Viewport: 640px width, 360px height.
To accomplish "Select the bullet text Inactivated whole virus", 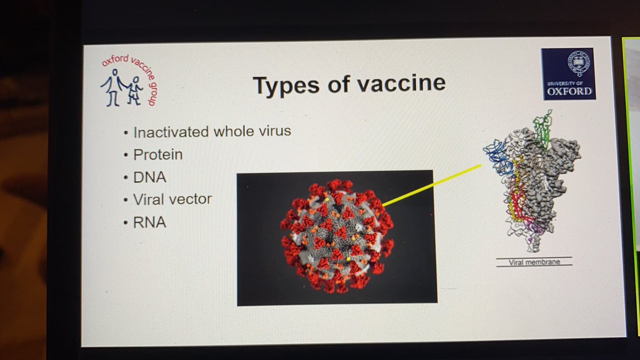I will tap(212, 131).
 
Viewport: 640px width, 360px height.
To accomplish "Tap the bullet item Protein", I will tap(158, 155).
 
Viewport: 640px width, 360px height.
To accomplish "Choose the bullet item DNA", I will tap(150, 177).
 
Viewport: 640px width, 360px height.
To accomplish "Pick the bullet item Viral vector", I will tap(172, 199).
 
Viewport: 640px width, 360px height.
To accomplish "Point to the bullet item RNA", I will tap(150, 222).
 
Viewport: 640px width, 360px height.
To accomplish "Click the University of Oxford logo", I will tap(568, 74).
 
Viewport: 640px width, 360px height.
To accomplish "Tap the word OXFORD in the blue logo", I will tap(569, 91).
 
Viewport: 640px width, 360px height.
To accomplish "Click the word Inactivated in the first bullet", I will tap(170, 131).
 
